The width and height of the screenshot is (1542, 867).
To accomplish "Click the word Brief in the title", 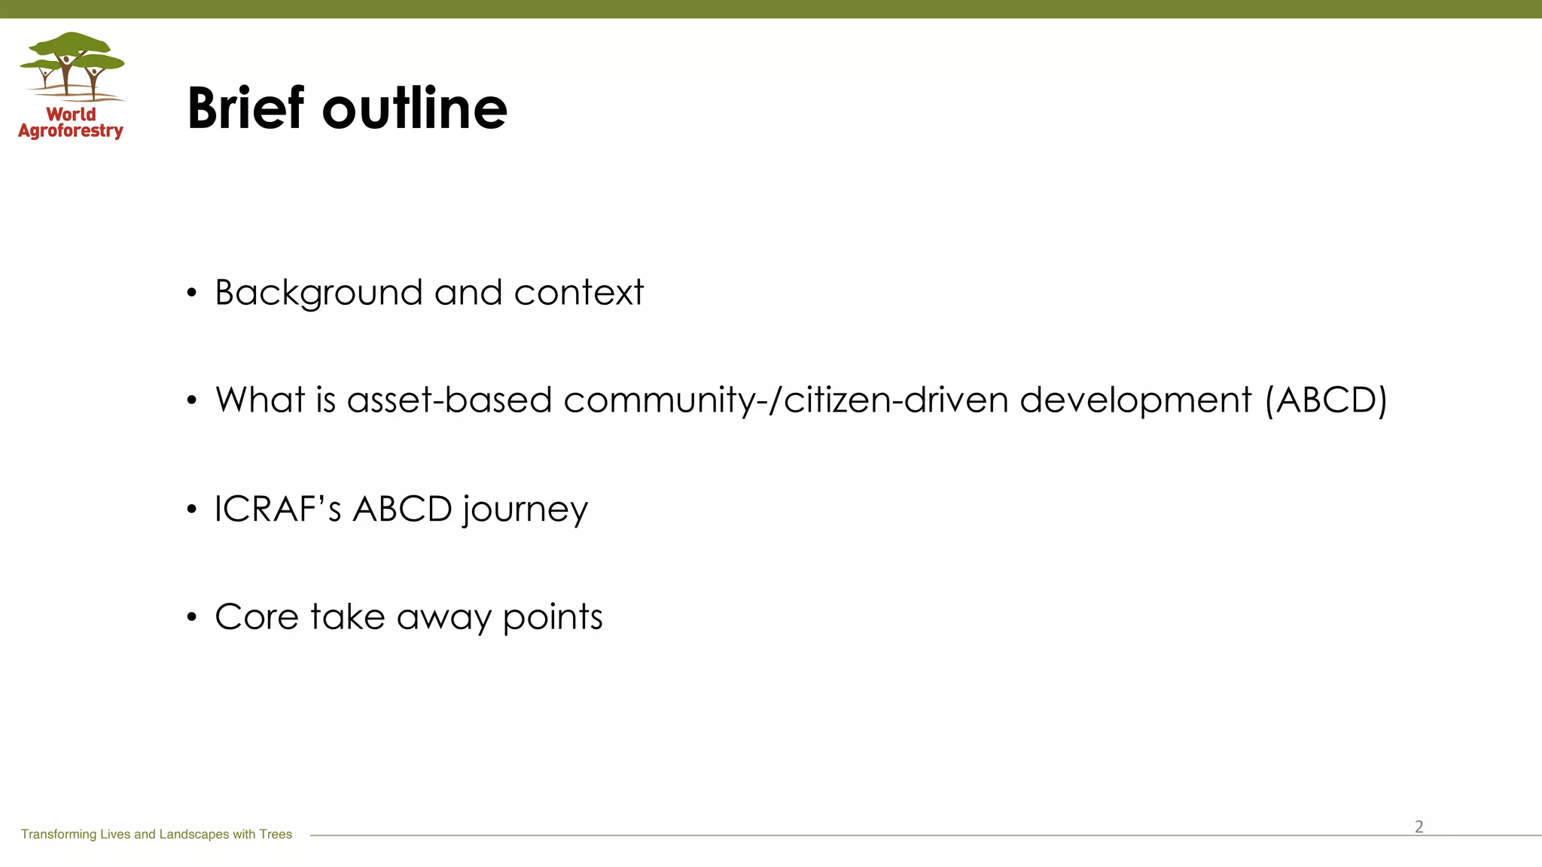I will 245,108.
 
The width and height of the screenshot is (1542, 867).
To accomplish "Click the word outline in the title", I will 415,108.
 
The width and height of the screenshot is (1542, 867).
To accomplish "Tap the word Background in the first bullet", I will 318,293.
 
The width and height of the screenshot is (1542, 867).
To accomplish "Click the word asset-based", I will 449,400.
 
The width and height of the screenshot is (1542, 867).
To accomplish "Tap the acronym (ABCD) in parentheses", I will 1326,400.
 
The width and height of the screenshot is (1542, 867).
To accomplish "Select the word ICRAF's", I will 278,509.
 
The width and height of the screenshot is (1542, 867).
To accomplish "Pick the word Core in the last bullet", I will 257,617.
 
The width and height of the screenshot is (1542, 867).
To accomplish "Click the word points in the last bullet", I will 553,618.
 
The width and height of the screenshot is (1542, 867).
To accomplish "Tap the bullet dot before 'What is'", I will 192,401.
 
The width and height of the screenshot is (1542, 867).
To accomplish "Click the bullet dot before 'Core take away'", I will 192,618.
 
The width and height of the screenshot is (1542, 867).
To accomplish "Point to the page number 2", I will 1419,826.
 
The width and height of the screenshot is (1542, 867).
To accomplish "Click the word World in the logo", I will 72,114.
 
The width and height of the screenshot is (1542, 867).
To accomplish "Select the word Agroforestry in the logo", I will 71,131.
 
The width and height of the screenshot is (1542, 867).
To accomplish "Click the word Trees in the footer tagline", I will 276,834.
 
